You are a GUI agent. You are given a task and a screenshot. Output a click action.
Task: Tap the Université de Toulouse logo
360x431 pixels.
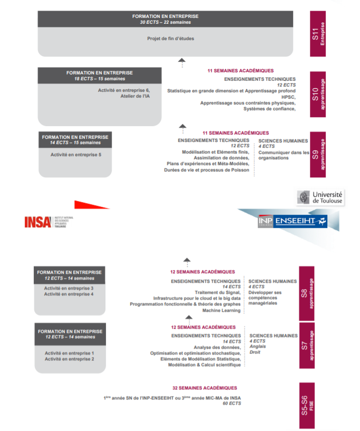click(x=320, y=198)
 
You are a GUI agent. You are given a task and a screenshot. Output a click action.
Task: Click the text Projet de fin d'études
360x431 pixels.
click(x=165, y=39)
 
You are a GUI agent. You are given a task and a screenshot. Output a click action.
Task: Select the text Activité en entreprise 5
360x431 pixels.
click(x=75, y=155)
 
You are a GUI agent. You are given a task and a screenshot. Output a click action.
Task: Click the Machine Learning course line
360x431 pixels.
click(x=221, y=311)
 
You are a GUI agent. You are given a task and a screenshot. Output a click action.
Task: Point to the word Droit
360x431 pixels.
click(x=255, y=352)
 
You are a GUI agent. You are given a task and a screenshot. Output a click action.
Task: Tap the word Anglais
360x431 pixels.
click(x=258, y=347)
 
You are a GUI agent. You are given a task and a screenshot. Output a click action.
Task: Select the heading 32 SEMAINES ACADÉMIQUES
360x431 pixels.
click(x=205, y=388)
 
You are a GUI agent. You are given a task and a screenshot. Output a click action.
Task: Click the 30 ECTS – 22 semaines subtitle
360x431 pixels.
click(x=165, y=23)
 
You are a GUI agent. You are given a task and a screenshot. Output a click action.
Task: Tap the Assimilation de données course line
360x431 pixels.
click(x=221, y=158)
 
